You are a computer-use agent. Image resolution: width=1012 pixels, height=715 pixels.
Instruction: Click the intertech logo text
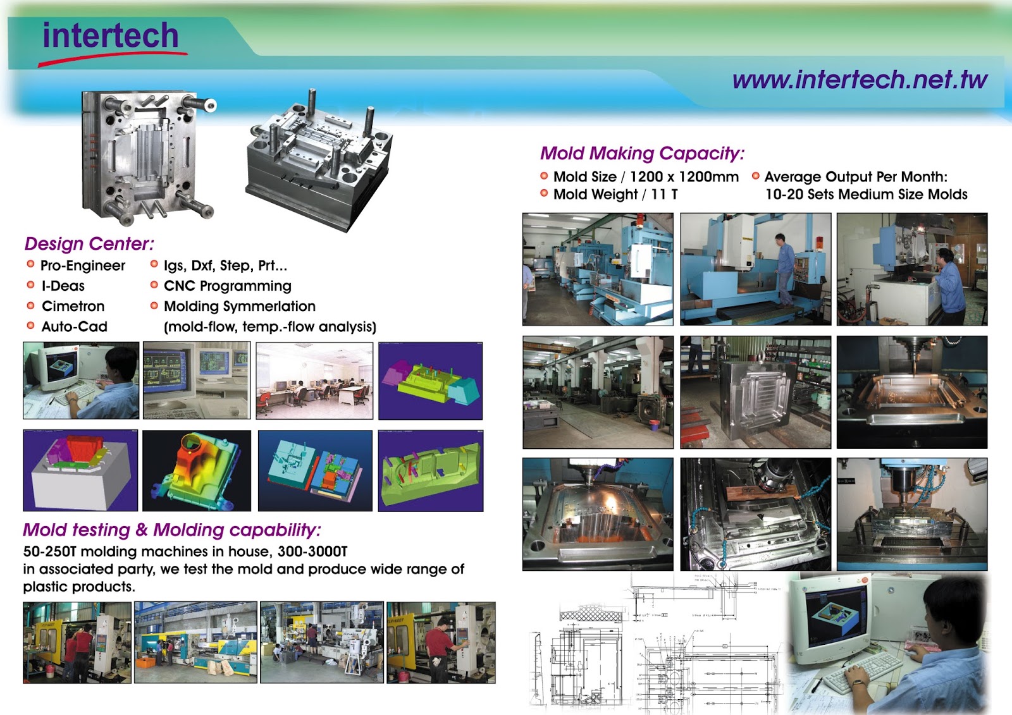click(111, 35)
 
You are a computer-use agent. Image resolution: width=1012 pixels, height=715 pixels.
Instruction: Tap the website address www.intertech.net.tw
click(860, 80)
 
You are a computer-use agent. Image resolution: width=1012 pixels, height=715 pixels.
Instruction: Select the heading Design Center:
click(89, 243)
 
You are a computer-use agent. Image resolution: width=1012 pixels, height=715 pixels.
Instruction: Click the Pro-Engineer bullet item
click(82, 266)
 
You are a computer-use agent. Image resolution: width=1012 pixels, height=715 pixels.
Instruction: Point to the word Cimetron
click(73, 306)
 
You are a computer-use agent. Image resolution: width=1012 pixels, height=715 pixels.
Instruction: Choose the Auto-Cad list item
click(74, 326)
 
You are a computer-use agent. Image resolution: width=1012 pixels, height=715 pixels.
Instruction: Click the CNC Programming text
click(227, 286)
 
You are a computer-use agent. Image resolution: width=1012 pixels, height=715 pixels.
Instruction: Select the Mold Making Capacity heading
click(642, 153)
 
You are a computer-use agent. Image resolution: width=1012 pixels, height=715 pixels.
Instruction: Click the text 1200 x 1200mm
click(684, 177)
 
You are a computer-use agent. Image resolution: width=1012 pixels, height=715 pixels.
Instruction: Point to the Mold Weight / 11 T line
click(615, 194)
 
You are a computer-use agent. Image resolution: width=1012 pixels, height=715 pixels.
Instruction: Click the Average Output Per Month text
click(855, 177)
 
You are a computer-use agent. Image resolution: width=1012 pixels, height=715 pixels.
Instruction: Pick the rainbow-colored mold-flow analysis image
click(196, 470)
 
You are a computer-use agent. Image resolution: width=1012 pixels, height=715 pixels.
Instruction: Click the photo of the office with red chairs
click(314, 381)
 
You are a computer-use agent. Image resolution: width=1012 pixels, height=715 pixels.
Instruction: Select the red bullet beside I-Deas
click(30, 285)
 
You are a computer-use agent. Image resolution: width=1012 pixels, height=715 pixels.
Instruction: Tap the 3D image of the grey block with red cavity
click(80, 470)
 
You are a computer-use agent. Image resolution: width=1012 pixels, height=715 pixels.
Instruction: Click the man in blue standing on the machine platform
click(784, 269)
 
